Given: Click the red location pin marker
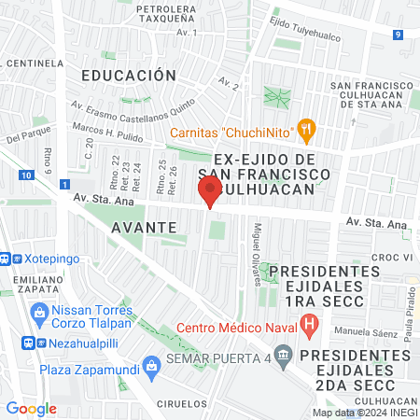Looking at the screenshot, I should [x=209, y=191].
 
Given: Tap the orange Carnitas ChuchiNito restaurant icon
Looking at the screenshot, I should [x=305, y=130].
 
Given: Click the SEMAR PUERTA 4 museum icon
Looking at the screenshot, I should [x=286, y=356].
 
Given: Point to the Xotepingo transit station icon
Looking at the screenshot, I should [x=6, y=257].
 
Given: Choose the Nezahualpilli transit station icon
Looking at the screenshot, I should [x=31, y=342].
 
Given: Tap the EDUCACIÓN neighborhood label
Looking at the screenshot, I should [x=128, y=75].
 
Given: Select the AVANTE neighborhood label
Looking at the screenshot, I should [x=144, y=227].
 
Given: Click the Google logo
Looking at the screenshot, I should [x=31, y=408].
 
